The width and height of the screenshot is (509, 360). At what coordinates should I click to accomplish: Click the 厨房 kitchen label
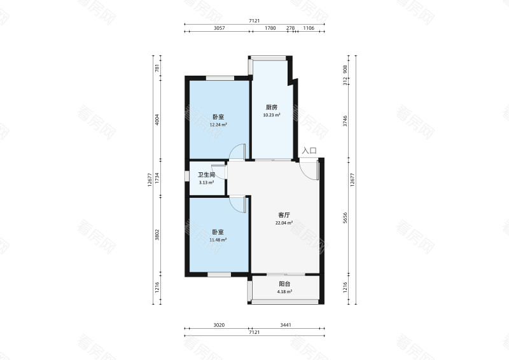point(272,107)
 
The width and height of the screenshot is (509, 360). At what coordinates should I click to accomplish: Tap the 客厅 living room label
point(284,215)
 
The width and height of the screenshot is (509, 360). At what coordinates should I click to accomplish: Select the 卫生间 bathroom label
point(206,175)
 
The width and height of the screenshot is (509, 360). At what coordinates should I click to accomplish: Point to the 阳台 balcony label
point(284,284)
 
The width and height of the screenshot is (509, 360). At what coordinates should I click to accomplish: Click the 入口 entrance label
point(309,151)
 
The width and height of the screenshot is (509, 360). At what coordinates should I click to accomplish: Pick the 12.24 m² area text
point(218,125)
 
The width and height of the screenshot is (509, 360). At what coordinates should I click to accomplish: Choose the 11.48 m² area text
point(218,240)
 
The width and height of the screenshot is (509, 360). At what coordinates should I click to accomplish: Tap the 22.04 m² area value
point(284,223)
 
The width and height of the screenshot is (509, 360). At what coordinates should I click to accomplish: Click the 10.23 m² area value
point(272,115)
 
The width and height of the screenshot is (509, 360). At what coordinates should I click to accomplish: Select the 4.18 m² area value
point(284,291)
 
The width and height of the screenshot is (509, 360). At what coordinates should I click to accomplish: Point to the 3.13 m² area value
point(206,183)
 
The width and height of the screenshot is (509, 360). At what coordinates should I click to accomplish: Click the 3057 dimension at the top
point(219,28)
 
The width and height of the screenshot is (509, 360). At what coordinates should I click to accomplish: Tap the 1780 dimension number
point(270,28)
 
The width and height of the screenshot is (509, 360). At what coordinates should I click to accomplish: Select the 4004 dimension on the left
point(157,120)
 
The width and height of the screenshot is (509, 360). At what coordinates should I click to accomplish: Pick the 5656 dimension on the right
point(345,218)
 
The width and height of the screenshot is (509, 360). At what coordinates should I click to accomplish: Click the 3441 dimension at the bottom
point(286,325)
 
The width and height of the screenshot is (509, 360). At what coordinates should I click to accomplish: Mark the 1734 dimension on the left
point(157,178)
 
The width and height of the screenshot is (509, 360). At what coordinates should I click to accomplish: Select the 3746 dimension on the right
point(345,121)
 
